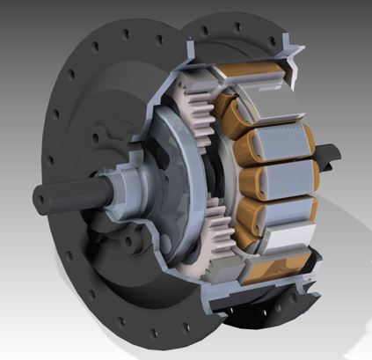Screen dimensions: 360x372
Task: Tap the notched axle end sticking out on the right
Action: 326,159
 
